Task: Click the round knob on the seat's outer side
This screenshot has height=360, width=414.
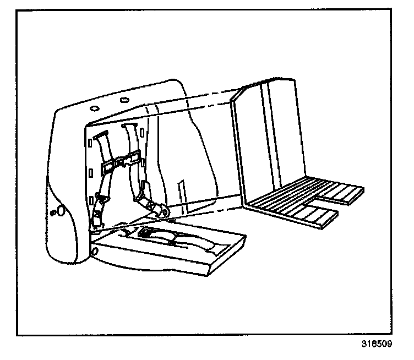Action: [61, 210]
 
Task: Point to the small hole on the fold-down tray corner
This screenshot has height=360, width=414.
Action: [96, 251]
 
